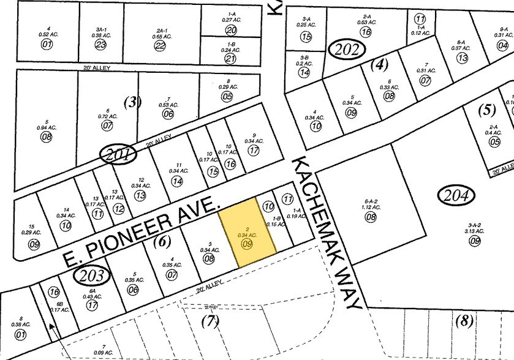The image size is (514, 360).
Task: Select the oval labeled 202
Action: [347, 48]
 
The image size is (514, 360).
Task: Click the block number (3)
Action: [132, 102]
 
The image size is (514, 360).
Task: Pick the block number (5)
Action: [486, 110]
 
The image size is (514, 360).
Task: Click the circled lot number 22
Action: [161, 45]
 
